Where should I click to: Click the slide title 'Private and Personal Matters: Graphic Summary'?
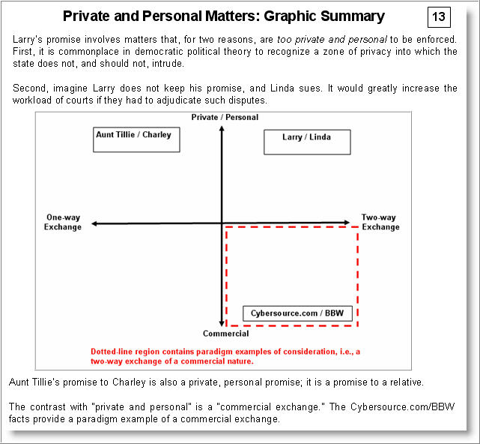[x=223, y=16]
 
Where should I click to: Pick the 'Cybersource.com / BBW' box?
[x=297, y=313]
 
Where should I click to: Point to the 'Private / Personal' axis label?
[x=225, y=117]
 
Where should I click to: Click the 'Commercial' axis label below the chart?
[x=225, y=334]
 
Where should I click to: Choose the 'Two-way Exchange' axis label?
[x=380, y=222]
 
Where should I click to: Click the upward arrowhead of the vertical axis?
[x=222, y=128]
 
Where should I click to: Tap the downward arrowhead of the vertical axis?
[x=222, y=322]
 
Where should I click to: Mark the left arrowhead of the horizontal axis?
[x=92, y=223]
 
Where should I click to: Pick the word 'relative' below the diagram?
[x=407, y=382]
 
